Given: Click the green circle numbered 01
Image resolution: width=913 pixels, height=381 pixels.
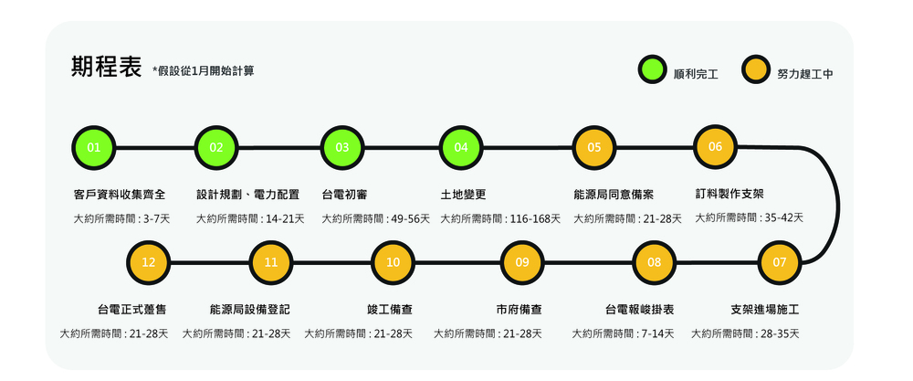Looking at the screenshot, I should pyautogui.click(x=93, y=146).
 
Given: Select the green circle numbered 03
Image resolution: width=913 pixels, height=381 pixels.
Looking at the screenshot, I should pyautogui.click(x=342, y=146).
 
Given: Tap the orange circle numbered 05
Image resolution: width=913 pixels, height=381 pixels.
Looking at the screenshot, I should pyautogui.click(x=594, y=146).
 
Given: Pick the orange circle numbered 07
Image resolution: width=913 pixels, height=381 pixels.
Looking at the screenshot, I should pyautogui.click(x=780, y=262).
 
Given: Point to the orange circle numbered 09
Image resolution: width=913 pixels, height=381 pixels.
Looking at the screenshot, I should pyautogui.click(x=522, y=262).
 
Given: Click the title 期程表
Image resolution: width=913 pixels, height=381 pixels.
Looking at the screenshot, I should pyautogui.click(x=106, y=68).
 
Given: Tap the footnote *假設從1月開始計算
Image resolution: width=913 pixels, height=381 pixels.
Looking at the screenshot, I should pyautogui.click(x=204, y=70).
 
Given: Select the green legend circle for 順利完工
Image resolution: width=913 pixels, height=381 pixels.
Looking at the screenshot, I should pyautogui.click(x=654, y=70).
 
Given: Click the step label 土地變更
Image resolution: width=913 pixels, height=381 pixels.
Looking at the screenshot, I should pyautogui.click(x=463, y=195).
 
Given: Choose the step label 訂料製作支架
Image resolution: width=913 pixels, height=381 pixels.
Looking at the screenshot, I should pyautogui.click(x=730, y=195).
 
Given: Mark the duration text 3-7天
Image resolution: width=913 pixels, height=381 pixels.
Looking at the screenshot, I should pyautogui.click(x=156, y=218).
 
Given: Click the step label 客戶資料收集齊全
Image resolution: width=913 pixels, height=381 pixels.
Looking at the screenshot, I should pyautogui.click(x=120, y=195).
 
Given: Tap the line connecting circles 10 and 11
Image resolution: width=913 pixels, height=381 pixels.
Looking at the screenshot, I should pyautogui.click(x=332, y=262).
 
